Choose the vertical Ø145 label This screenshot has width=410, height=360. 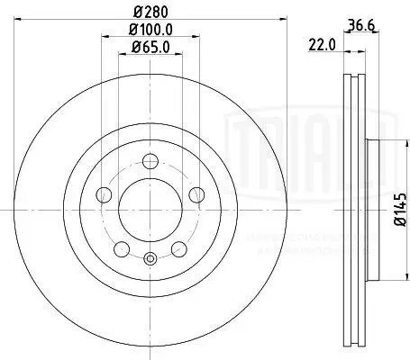398,214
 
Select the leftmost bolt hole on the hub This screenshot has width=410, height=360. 104,195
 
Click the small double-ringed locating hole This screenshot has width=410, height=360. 150,260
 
